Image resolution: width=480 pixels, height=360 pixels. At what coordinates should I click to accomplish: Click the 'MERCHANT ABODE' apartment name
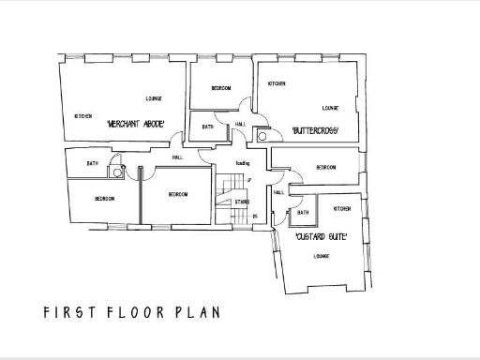(x=137, y=123)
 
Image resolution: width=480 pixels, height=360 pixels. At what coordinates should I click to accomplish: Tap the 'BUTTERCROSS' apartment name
(x=314, y=128)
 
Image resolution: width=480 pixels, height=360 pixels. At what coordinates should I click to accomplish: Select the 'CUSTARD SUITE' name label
(x=321, y=237)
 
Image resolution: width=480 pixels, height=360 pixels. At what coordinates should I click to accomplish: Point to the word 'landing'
(x=243, y=162)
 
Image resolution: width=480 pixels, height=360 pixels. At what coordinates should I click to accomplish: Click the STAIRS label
(x=242, y=202)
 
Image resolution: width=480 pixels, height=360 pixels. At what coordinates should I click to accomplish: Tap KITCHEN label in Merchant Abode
(x=83, y=116)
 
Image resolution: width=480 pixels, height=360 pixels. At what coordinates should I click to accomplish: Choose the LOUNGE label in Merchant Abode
(x=155, y=98)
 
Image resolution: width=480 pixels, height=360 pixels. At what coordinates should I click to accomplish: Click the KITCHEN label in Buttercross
(x=277, y=83)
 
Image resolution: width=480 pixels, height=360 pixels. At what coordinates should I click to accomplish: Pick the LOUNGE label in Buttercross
(x=329, y=108)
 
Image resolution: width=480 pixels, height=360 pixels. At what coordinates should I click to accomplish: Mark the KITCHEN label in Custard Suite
(x=341, y=208)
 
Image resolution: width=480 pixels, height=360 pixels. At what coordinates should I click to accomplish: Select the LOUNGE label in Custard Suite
(x=322, y=255)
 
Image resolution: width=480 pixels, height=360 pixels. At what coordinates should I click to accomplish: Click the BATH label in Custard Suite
(x=302, y=213)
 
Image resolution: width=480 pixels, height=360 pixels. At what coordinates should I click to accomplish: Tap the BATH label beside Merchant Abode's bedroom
(x=92, y=164)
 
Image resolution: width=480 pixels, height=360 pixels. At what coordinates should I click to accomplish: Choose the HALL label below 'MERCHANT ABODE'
(x=177, y=157)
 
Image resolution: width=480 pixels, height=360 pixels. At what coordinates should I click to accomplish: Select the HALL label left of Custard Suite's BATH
(x=279, y=192)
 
